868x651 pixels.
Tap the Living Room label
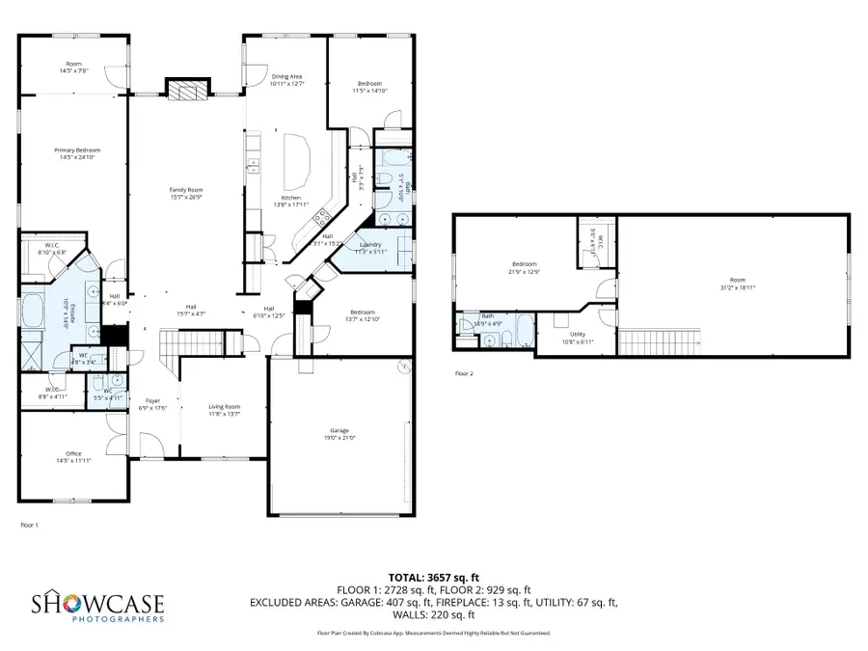point(224,410)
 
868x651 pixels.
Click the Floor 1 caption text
point(29,526)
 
